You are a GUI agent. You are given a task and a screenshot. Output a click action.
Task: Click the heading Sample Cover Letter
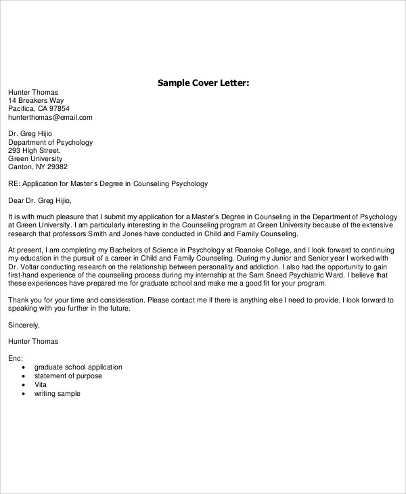[x=204, y=83]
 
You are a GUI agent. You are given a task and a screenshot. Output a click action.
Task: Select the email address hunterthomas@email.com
[x=50, y=117]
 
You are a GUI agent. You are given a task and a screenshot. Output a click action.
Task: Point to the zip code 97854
[x=58, y=108]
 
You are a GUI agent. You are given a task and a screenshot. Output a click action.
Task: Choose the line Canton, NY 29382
[x=38, y=166]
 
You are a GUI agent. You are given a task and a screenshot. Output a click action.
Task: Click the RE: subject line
[x=108, y=183]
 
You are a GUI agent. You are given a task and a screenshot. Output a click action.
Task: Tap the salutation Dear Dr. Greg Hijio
[x=39, y=200]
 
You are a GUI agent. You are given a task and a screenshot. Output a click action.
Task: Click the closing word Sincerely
[x=24, y=324]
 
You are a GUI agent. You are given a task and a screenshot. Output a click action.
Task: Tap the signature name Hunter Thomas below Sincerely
[x=33, y=341]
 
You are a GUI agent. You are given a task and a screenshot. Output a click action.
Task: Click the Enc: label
[x=16, y=357]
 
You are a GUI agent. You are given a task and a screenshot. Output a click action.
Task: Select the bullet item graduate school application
[x=78, y=367]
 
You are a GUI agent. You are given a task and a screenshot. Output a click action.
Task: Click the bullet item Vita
[x=41, y=385]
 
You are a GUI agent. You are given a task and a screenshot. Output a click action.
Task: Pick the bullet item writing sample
[x=57, y=393]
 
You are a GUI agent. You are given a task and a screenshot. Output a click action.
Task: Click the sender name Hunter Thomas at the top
[x=33, y=92]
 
